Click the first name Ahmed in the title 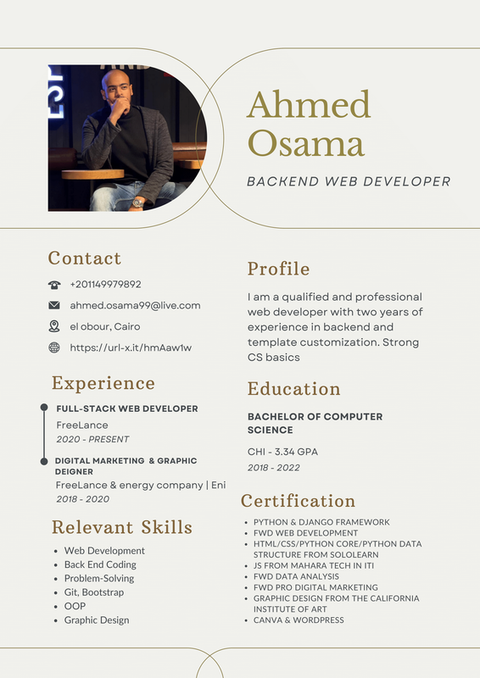[x=309, y=104]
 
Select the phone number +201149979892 [x=105, y=285]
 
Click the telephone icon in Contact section [x=54, y=285]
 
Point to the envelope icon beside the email [x=54, y=305]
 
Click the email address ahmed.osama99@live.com [x=135, y=305]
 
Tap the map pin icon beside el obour [x=54, y=326]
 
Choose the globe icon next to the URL [x=54, y=347]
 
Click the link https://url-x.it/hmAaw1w [x=131, y=347]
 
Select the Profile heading [x=278, y=269]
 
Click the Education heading [x=293, y=389]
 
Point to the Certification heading [x=298, y=501]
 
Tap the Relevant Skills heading [x=121, y=527]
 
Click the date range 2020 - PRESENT [x=92, y=439]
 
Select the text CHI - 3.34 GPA [x=282, y=452]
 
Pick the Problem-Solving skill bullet [x=98, y=578]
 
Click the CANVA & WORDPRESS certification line [x=299, y=620]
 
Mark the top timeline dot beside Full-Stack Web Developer [x=44, y=408]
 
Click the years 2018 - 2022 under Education [x=273, y=467]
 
